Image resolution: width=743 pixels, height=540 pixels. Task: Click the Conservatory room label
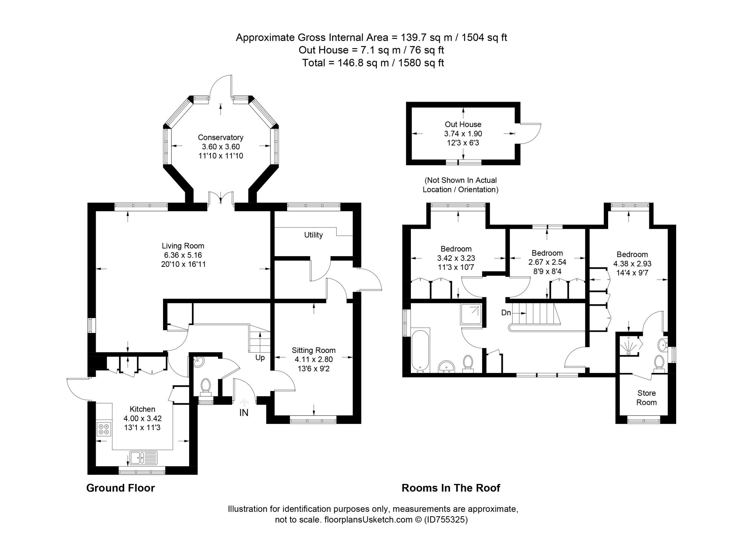(220, 137)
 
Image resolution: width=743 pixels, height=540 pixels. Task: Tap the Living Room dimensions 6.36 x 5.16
(183, 255)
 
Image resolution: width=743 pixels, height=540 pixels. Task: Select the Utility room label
(313, 235)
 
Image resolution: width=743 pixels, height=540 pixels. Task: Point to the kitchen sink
(143, 457)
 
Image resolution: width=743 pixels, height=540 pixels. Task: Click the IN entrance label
(244, 413)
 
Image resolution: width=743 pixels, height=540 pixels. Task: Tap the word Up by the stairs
(260, 358)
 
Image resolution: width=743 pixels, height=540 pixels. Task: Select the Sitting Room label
(314, 350)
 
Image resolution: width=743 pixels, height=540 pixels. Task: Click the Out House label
(463, 124)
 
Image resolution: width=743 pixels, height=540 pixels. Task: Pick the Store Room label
(646, 397)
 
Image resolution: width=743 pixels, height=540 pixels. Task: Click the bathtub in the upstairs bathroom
(421, 350)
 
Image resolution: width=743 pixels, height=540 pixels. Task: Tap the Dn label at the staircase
(506, 313)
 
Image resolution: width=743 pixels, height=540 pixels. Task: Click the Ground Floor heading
(120, 488)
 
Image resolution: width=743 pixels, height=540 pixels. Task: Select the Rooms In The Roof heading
(451, 488)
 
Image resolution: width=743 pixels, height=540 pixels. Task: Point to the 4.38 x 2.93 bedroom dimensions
(632, 264)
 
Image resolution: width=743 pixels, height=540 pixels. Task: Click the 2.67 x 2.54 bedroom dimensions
(547, 262)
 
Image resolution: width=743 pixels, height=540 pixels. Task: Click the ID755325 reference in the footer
(446, 520)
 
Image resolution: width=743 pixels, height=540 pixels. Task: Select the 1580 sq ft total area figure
(421, 63)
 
